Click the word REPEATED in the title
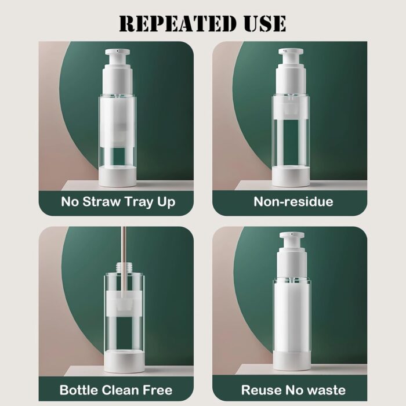[177, 24]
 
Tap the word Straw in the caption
[101, 201]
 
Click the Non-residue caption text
[293, 201]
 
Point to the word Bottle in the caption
[79, 390]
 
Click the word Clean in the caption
[121, 390]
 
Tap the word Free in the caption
[158, 390]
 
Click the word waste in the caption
[327, 390]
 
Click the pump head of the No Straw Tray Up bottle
[118, 59]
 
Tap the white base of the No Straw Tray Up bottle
[118, 177]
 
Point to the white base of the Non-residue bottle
[291, 176]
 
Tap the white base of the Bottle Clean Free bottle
[124, 361]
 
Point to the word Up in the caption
[166, 202]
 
